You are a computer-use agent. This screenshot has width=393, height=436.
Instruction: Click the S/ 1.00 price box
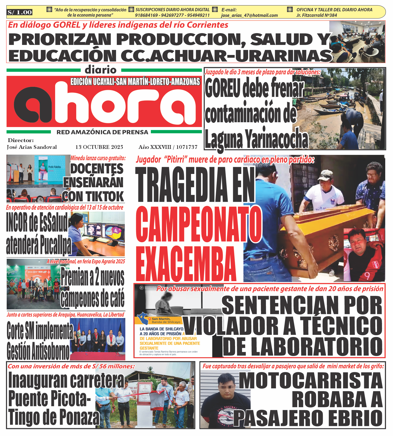pyautogui.click(x=20, y=12)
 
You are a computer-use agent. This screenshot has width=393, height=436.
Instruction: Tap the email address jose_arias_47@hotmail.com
pyautogui.click(x=249, y=15)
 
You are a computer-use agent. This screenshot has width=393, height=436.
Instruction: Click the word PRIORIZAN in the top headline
pyautogui.click(x=60, y=39)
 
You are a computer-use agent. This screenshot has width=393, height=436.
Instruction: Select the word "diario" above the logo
pyautogui.click(x=101, y=70)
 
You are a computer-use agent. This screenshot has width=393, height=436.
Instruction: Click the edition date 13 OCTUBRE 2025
pyautogui.click(x=99, y=147)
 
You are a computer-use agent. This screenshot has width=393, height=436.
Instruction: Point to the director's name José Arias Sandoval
pyautogui.click(x=32, y=147)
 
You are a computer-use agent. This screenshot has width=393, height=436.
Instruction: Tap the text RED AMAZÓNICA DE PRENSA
pyautogui.click(x=102, y=132)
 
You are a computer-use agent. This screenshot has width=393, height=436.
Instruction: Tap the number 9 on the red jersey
pyautogui.click(x=367, y=276)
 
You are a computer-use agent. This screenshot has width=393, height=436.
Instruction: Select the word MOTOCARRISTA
pyautogui.click(x=311, y=381)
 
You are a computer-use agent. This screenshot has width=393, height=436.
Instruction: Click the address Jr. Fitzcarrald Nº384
pyautogui.click(x=317, y=15)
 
